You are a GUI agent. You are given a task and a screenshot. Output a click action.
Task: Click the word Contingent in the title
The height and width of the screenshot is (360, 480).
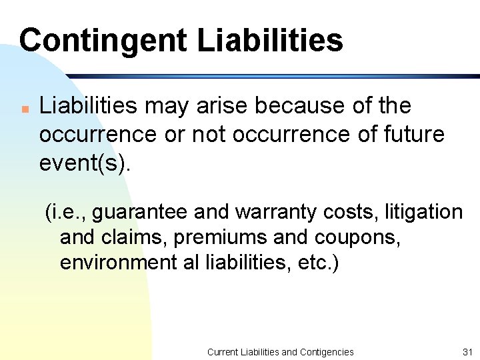pos(103,40)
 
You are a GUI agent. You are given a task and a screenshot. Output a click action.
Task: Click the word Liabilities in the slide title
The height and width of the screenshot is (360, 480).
pos(270,40)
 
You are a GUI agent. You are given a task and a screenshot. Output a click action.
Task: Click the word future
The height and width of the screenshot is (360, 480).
pos(413,134)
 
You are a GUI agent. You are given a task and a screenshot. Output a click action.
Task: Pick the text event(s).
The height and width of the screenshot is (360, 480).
pos(85,163)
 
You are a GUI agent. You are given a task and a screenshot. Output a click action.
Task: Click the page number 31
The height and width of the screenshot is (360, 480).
pos(466,351)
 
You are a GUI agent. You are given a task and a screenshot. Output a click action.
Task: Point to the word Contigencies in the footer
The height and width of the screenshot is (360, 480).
pos(327,351)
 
